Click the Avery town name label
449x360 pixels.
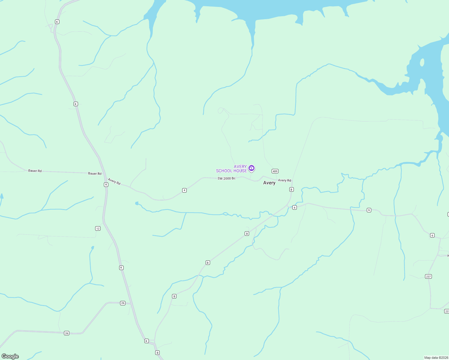269,183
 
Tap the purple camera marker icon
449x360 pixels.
252,168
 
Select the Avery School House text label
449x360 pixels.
231,169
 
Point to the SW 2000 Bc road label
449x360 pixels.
227,178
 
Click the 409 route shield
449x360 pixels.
275,171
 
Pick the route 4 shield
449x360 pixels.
185,190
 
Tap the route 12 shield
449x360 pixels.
98,229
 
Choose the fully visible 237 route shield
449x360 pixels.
429,276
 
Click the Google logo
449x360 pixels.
10,356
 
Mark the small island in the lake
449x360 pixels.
422,62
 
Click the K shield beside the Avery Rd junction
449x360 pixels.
106,184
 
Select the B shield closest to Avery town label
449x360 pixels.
291,189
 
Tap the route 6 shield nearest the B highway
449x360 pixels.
294,208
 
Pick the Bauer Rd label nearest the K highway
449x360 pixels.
95,173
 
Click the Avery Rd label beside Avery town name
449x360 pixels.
285,180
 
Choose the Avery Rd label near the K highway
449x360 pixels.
114,181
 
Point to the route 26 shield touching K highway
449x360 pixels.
123,303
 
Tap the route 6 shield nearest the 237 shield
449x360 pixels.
432,235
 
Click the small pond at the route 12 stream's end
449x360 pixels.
92,248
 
